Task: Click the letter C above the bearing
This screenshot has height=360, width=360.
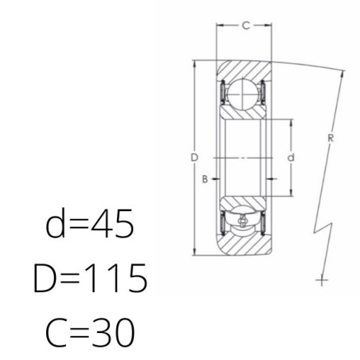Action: click(246, 25)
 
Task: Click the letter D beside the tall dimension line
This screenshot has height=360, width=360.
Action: click(194, 158)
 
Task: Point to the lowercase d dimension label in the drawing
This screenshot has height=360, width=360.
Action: click(291, 158)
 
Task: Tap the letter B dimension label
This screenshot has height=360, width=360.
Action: click(205, 179)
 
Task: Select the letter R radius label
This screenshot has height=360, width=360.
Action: click(331, 138)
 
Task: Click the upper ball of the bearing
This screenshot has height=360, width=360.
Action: click(243, 94)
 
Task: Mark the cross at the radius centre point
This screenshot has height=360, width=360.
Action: click(322, 280)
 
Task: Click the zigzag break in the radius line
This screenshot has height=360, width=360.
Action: click(323, 229)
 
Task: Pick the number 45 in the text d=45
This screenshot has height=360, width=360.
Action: click(112, 223)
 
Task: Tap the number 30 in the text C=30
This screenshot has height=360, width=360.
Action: click(112, 332)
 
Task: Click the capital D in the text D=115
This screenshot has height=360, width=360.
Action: click(45, 278)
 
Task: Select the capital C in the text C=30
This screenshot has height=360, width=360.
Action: click(57, 333)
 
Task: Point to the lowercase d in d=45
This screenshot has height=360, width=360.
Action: click(55, 223)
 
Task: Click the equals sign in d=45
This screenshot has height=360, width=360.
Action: click(78, 225)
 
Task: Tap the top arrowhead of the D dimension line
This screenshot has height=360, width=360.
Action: click(194, 65)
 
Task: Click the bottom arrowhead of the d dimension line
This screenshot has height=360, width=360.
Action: click(292, 193)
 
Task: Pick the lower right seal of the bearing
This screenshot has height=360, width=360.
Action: click(263, 223)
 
